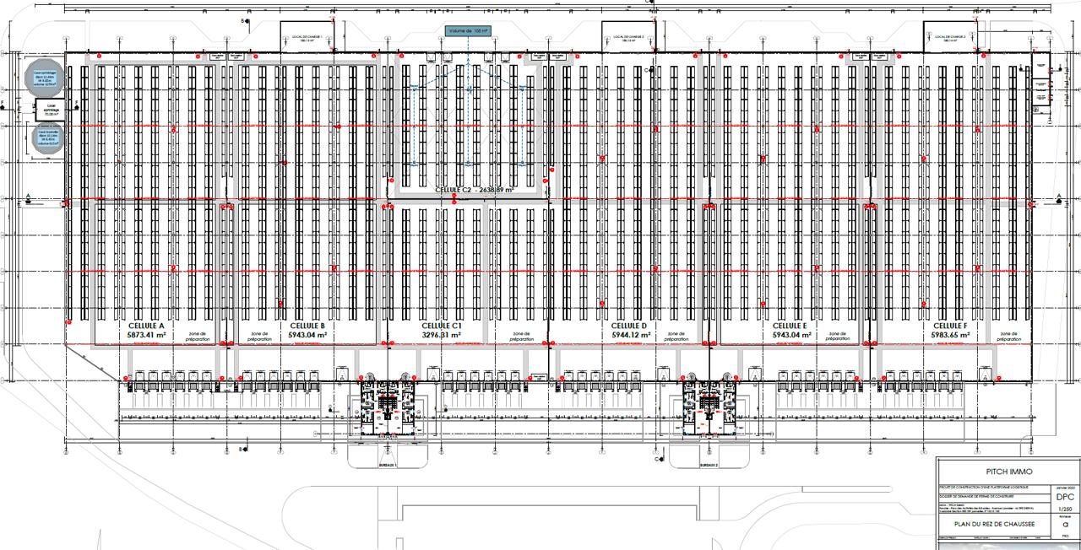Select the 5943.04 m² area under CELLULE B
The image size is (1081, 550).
click(307, 335)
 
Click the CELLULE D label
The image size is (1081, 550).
click(628, 326)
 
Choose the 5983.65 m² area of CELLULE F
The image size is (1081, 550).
click(950, 335)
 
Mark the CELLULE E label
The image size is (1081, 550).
click(791, 326)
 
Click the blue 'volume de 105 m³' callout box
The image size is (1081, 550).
click(468, 31)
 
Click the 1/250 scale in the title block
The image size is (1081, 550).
click(1065, 510)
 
